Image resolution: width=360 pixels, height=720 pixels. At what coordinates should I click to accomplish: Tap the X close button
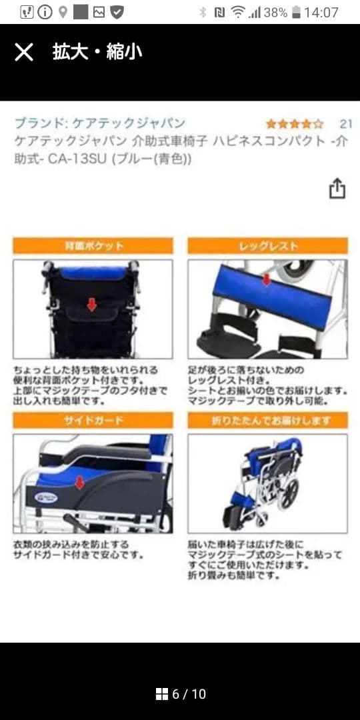coord(24,52)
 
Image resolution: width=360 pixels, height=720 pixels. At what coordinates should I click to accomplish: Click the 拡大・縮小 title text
coord(97,52)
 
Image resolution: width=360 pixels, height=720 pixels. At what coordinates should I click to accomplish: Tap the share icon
coord(337,188)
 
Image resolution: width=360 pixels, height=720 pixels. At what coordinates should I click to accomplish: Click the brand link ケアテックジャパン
coord(100,123)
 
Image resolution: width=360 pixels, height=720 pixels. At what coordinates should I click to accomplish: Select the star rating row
coord(294,124)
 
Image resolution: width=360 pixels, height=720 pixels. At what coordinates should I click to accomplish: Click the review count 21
coord(345,124)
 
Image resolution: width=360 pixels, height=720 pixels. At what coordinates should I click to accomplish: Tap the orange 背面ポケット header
coord(93,246)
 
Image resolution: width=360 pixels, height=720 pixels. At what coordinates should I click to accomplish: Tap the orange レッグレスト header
coord(268,246)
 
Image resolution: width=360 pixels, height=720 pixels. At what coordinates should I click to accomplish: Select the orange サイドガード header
coord(93,421)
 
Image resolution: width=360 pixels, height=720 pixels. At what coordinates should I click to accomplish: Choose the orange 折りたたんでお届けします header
coord(268,421)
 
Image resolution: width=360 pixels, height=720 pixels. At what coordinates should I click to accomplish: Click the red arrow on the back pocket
coord(92,304)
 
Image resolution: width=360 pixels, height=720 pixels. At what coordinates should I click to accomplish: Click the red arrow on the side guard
coord(79,482)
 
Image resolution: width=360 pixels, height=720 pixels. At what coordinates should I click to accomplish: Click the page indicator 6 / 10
coord(189,694)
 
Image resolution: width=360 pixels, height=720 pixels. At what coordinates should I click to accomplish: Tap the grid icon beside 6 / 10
coord(161,694)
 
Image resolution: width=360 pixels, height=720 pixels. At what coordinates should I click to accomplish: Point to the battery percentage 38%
coord(275,12)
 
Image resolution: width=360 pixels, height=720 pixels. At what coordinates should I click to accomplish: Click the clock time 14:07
coord(321,12)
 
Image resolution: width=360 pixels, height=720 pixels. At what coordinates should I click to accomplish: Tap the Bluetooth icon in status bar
coord(203,12)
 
